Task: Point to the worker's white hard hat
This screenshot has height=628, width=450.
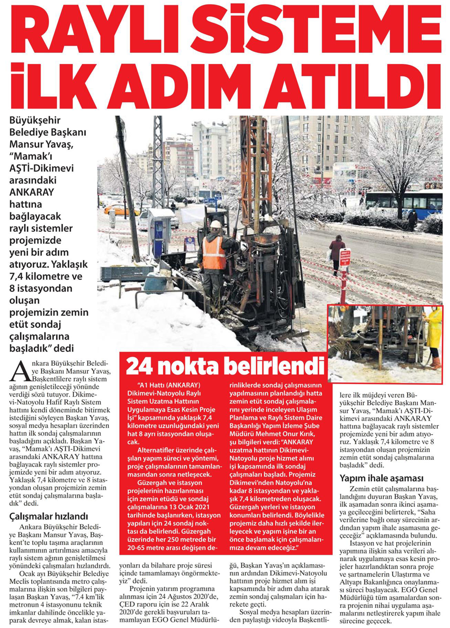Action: coord(215,224)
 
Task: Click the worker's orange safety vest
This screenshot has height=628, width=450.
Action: coord(213,252)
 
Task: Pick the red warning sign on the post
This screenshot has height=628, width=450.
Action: coord(345,258)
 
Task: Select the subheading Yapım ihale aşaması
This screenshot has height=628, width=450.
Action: coord(381,479)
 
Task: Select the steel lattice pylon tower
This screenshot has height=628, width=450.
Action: coord(158,159)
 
